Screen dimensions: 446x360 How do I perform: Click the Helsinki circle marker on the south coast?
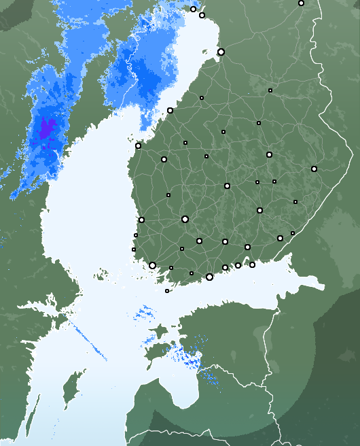coord(209,277)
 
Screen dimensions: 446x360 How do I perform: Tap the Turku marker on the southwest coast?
coord(152,265)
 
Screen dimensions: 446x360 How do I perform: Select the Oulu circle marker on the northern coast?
coord(221,52)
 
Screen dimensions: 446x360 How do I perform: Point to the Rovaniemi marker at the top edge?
coord(301,3)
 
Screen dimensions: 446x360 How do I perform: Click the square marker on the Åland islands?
coord(167,291)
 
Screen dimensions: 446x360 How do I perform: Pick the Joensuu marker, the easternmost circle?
coord(314,169)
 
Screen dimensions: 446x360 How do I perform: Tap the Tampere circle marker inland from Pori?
coord(185,219)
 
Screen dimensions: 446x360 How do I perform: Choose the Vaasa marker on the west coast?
coord(138,145)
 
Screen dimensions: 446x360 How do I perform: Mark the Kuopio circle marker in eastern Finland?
coord(269,154)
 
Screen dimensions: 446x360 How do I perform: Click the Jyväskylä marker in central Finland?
coord(227,186)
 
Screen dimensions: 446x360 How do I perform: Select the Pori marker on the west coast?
coord(141,220)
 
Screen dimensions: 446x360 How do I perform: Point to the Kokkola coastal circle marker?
coord(170,110)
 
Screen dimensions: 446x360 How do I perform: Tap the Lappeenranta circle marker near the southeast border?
coord(280,238)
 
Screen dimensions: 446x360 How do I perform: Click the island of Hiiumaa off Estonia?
coord(158,332)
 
